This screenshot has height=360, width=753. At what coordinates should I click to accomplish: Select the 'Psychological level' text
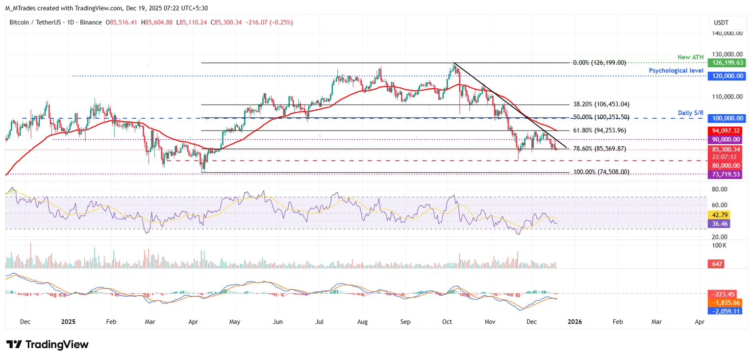[x=677, y=71]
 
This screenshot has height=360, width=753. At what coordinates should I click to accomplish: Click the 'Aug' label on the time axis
[x=363, y=322]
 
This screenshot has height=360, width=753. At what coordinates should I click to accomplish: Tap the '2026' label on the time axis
[x=575, y=322]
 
